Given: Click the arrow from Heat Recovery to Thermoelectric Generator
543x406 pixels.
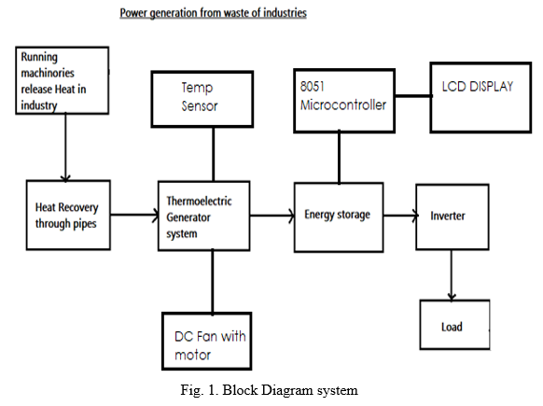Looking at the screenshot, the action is pos(134,215).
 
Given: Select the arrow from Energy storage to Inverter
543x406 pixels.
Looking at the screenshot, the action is pos(400,216).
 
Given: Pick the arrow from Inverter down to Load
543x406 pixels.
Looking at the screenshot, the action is pos(452,274).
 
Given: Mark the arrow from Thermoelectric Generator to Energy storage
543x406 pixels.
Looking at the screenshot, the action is pos(272,216).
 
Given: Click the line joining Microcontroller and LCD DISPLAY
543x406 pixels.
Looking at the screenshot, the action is pos(412,95).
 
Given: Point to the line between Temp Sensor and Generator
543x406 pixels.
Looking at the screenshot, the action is pos(214,154).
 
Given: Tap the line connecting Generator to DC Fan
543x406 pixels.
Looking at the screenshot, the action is pos(213,282).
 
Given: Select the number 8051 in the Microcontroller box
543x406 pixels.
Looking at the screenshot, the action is pos(313,86).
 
